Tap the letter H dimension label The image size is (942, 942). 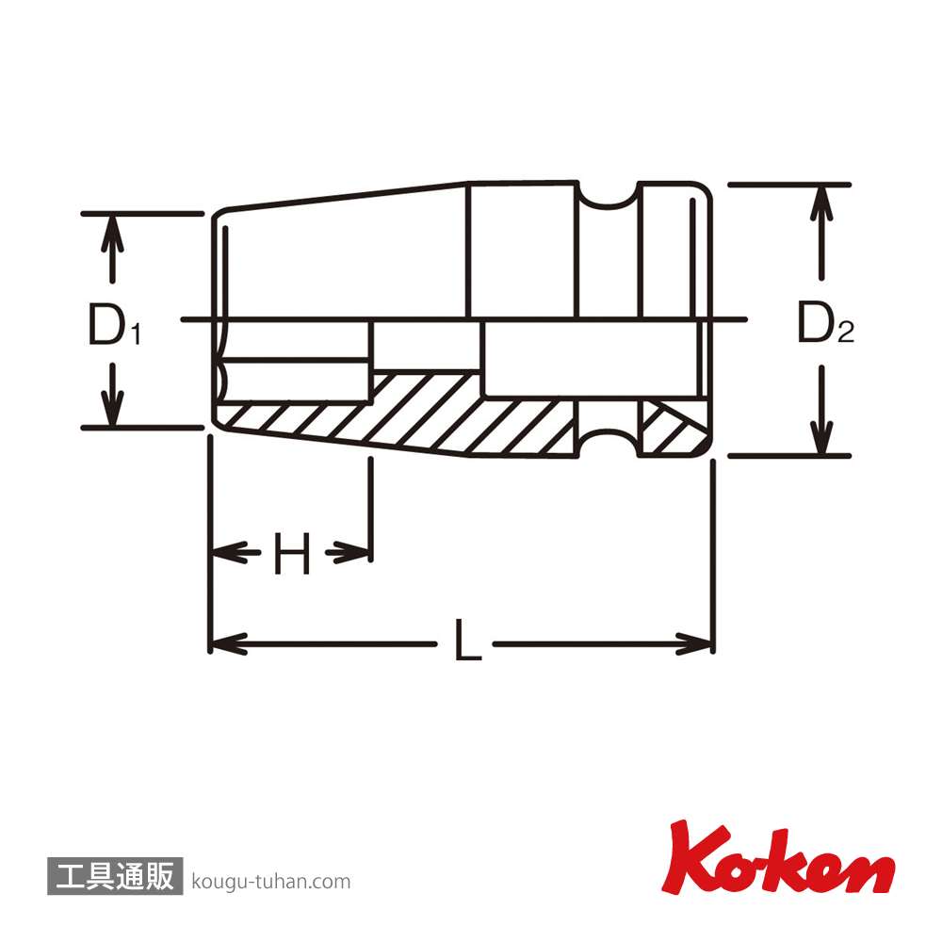click(x=292, y=553)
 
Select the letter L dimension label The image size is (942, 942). click(x=467, y=641)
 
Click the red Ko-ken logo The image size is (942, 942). click(x=779, y=858)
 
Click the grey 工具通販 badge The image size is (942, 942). click(x=115, y=876)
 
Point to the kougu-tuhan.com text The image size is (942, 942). click(x=271, y=882)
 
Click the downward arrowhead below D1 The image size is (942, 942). click(x=112, y=407)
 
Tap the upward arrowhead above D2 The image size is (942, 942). click(x=821, y=204)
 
